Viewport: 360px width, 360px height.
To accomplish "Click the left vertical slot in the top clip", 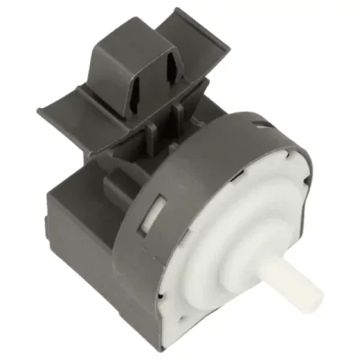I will click(141, 67).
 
